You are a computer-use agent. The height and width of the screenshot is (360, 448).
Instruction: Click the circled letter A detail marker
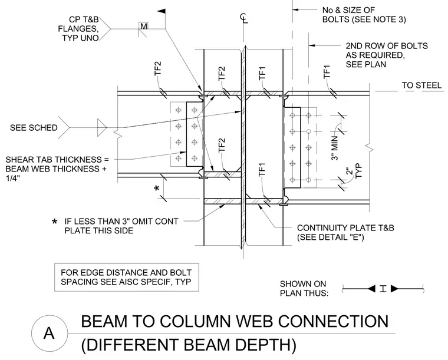click(49, 333)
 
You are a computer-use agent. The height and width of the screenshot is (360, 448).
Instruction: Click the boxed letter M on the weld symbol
click(144, 27)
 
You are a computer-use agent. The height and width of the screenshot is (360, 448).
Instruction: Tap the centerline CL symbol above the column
click(243, 18)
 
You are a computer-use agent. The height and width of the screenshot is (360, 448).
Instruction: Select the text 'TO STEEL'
click(421, 85)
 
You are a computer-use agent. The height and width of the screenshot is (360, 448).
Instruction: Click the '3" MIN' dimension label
click(335, 148)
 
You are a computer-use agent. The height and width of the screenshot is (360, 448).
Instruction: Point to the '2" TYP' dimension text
click(354, 171)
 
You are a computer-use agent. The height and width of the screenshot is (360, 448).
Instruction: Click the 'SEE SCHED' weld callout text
click(34, 128)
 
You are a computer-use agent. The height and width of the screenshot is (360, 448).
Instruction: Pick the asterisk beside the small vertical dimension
click(157, 189)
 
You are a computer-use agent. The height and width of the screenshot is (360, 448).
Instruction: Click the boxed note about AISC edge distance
click(126, 277)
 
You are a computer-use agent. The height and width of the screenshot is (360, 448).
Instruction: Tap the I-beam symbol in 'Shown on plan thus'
click(383, 289)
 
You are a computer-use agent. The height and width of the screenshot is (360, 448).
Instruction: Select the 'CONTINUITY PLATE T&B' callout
click(345, 232)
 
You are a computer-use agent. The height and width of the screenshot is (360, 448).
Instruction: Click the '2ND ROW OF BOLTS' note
click(387, 55)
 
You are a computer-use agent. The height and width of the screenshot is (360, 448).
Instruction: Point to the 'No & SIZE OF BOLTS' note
click(364, 15)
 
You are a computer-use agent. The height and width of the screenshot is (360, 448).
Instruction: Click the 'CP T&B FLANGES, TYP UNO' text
click(78, 28)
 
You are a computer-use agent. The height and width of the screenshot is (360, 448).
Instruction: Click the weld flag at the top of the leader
click(162, 11)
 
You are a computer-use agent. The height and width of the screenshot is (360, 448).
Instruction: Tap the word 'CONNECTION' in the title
click(333, 321)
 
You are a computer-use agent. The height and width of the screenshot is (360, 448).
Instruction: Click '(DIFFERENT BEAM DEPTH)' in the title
click(189, 345)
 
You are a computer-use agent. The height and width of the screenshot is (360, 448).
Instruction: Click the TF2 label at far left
click(158, 68)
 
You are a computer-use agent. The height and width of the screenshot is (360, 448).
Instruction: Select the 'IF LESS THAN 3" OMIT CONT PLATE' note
click(115, 226)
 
